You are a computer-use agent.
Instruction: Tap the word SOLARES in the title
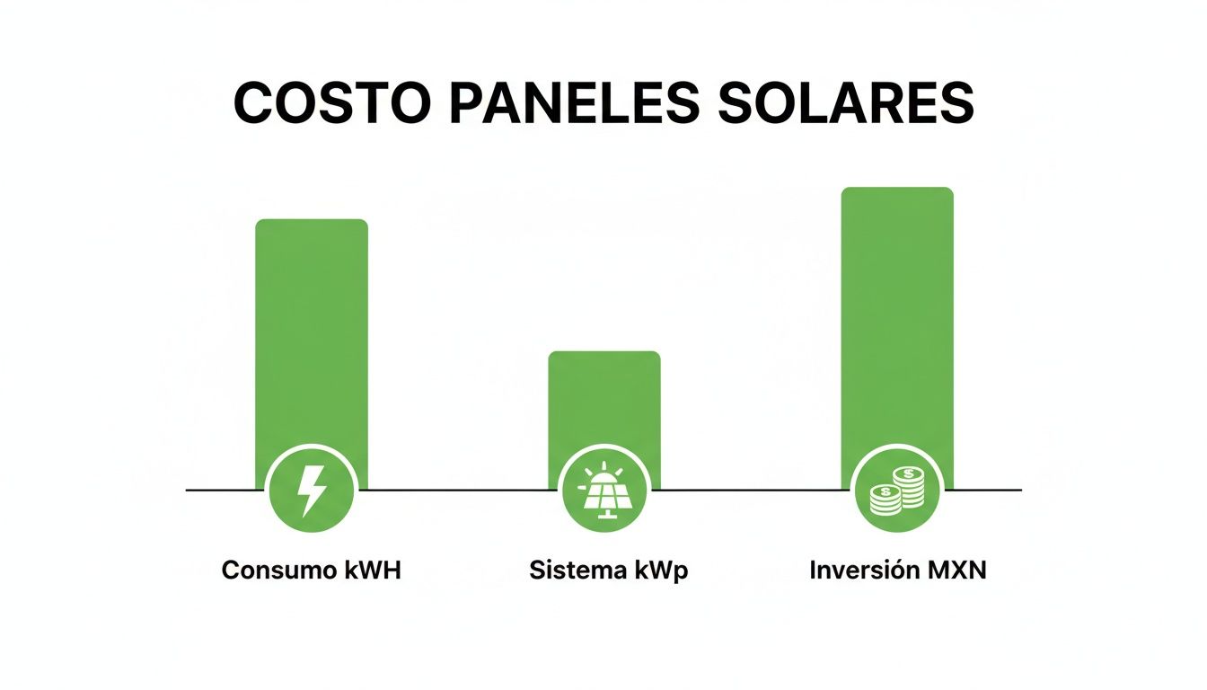pos(847,103)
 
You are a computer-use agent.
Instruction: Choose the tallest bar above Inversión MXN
pos(896,314)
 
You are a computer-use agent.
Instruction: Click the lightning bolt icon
pos(312,491)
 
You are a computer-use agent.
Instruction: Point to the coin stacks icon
pos(896,491)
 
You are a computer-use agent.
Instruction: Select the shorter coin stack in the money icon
pos(885,499)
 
